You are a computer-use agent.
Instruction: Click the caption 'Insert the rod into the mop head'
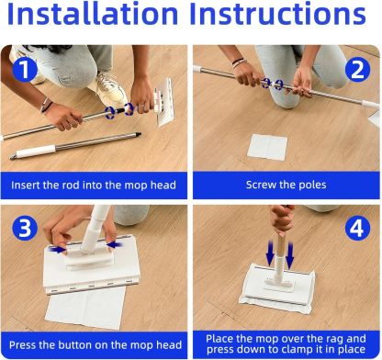click(x=94, y=185)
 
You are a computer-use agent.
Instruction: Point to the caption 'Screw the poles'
click(x=286, y=185)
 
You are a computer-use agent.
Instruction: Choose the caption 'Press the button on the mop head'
click(x=94, y=343)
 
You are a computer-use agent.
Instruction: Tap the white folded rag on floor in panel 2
click(x=268, y=147)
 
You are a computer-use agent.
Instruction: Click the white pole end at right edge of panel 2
click(x=374, y=113)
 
